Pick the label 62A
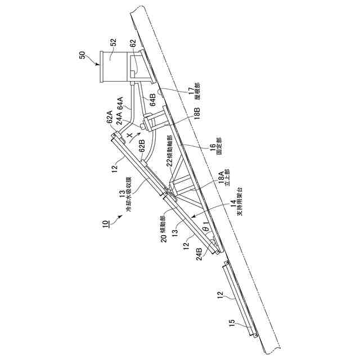[x=110, y=121]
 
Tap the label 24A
[x=119, y=116]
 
